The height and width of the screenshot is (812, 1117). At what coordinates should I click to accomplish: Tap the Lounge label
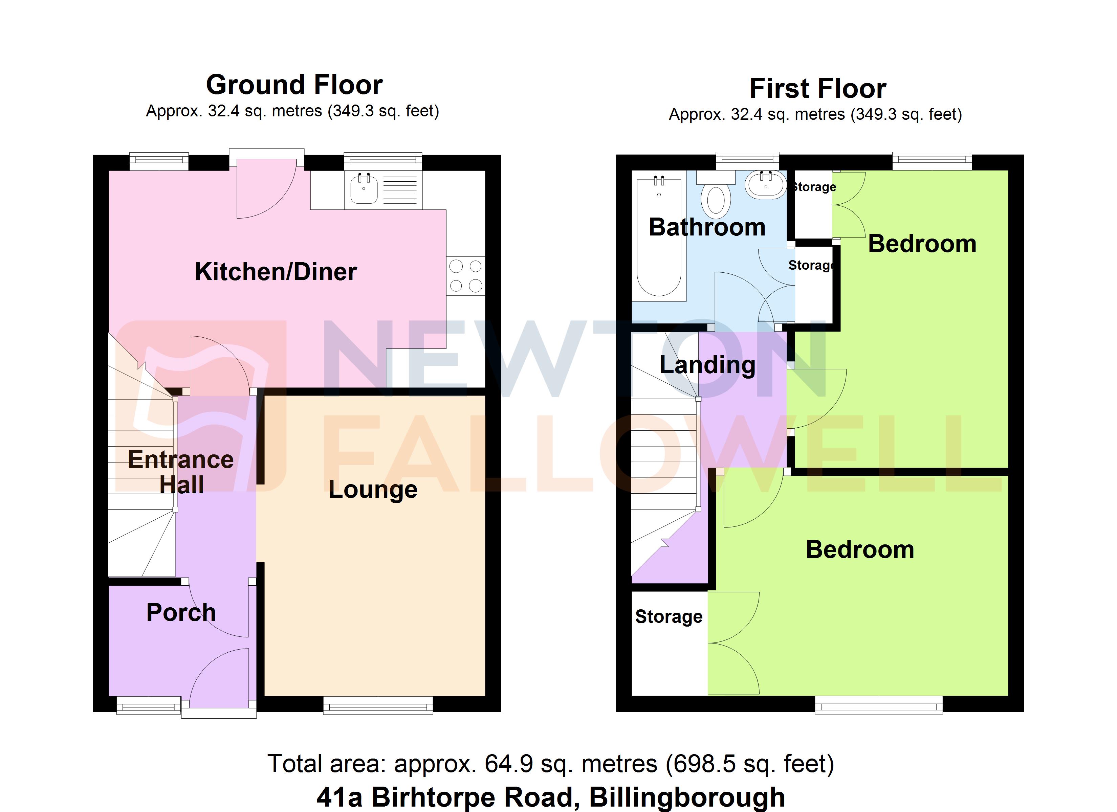pyautogui.click(x=373, y=490)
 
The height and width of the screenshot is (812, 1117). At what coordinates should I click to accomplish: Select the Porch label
pyautogui.click(x=181, y=612)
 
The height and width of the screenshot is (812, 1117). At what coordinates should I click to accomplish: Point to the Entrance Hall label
pyautogui.click(x=181, y=472)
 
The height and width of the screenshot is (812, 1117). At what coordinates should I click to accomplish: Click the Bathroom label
pyautogui.click(x=707, y=227)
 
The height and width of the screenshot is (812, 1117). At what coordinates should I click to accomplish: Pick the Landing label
pyautogui.click(x=707, y=365)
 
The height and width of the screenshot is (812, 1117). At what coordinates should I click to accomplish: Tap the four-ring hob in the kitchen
pyautogui.click(x=465, y=276)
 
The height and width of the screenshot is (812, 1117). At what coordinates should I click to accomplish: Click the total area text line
pyautogui.click(x=550, y=764)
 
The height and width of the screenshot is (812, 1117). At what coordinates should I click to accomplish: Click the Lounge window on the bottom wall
pyautogui.click(x=378, y=705)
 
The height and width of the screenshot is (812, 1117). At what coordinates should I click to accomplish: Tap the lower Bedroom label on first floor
pyautogui.click(x=859, y=549)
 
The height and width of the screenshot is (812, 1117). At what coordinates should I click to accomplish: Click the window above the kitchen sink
pyautogui.click(x=383, y=161)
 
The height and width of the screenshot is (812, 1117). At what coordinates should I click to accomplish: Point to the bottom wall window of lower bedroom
pyautogui.click(x=879, y=705)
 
